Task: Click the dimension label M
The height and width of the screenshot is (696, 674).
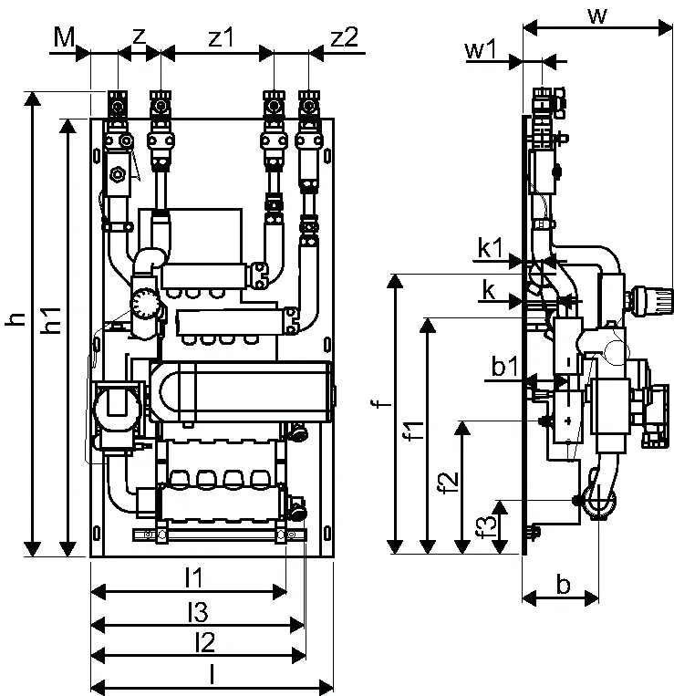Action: click(65, 37)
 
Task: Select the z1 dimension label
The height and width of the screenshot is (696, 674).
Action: click(221, 37)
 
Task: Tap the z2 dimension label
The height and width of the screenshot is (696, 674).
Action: click(345, 37)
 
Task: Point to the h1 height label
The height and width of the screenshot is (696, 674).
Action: click(51, 319)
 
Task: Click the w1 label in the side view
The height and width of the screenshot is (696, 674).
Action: click(481, 49)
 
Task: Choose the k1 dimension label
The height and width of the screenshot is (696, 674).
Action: click(491, 248)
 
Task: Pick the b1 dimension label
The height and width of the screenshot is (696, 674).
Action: click(505, 367)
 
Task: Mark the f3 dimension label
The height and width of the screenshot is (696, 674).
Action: click(488, 526)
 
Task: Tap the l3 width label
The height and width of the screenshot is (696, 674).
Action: click(197, 612)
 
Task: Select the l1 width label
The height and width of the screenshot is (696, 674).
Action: click(194, 578)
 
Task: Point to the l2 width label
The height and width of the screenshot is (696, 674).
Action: click(204, 642)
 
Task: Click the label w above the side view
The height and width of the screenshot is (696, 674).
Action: click(597, 16)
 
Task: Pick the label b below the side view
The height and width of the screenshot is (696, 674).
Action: click(563, 585)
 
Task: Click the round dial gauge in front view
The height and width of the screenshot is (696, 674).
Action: click(144, 304)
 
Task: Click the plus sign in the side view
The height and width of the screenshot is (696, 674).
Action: click(568, 421)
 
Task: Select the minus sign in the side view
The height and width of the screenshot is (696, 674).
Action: click(568, 363)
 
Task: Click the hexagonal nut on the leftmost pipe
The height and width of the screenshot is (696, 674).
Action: click(118, 173)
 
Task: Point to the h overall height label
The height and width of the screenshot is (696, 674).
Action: click(16, 318)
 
